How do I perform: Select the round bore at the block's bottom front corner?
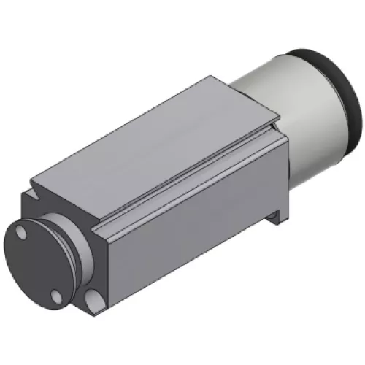[93, 299]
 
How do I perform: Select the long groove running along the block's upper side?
[190, 175]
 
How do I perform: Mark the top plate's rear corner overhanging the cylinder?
[279, 116]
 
